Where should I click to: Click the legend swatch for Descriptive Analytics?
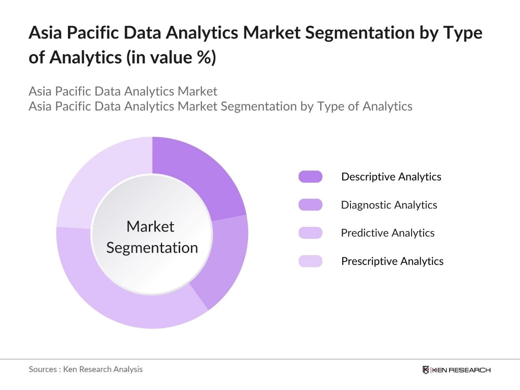coord(311,177)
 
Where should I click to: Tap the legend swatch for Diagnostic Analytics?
coord(311,205)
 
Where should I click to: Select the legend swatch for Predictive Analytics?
coord(311,233)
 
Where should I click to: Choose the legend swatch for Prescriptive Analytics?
coord(311,261)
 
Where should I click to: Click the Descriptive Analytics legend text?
coord(391,177)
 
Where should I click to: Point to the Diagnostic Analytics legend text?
coord(389,205)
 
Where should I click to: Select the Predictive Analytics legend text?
coord(387,233)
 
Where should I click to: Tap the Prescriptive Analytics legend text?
coord(392,261)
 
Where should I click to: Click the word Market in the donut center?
coord(150,226)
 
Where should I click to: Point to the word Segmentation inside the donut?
coord(152,248)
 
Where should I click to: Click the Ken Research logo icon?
coord(426,370)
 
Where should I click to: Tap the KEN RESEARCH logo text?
coord(461,370)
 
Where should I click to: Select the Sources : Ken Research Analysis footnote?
coord(85,369)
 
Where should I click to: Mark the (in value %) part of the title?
coord(174,58)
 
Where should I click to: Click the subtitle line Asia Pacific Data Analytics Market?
coord(123,91)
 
